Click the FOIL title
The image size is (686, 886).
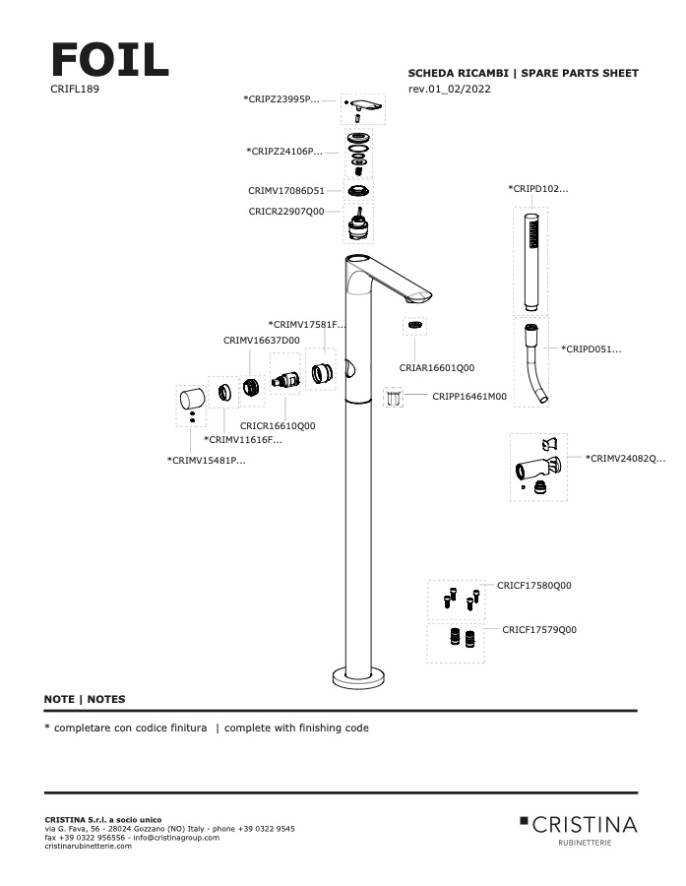tap(109, 60)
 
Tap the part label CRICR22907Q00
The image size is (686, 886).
tap(285, 211)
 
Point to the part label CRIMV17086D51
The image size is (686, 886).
tap(285, 191)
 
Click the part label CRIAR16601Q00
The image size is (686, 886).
tap(436, 367)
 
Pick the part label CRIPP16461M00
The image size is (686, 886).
tap(469, 397)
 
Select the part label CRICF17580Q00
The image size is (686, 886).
tap(533, 586)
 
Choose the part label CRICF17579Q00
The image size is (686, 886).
tap(539, 629)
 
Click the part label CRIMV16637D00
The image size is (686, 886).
tap(261, 340)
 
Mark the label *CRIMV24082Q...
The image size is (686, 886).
tap(626, 458)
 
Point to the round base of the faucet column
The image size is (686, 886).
tap(357, 676)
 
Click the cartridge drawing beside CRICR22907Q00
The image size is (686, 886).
tap(361, 225)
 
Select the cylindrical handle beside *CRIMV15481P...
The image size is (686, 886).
tap(190, 399)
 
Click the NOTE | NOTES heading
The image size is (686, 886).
tap(85, 699)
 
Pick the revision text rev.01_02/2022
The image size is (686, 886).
tap(449, 89)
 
